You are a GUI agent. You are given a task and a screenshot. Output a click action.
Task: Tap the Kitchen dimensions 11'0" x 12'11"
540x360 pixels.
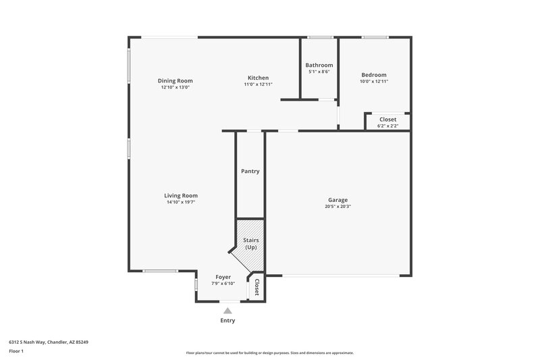click(258, 84)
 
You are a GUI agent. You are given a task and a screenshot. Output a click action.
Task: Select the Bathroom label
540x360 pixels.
click(319, 65)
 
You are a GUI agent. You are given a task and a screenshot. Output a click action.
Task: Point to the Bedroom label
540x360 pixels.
click(374, 75)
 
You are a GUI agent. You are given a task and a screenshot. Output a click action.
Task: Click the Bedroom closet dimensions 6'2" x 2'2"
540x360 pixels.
click(387, 126)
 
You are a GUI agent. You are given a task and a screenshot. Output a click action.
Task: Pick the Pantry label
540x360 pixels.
click(250, 172)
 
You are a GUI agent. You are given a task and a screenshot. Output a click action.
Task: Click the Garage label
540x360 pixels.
click(337, 200)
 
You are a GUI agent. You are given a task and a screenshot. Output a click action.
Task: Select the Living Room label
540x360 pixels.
click(181, 196)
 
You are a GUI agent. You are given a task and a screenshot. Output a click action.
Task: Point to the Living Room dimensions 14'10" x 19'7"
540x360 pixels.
click(181, 202)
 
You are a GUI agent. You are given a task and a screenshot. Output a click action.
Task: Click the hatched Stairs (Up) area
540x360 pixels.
click(250, 244)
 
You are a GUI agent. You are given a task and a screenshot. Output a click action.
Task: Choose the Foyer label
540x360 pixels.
click(223, 277)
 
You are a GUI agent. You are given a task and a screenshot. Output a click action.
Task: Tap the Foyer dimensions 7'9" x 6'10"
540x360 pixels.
click(223, 283)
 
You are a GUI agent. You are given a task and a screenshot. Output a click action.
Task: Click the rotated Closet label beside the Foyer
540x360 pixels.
click(256, 288)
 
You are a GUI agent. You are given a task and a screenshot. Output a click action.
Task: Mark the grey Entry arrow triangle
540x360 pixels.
click(228, 311)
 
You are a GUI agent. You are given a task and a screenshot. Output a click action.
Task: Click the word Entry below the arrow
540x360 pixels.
click(228, 321)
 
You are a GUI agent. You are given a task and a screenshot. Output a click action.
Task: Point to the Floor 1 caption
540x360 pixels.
click(16, 351)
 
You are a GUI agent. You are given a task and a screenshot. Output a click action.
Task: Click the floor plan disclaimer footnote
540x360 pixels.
click(270, 353)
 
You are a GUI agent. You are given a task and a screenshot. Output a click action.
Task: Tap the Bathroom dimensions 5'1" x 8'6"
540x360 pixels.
click(319, 72)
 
